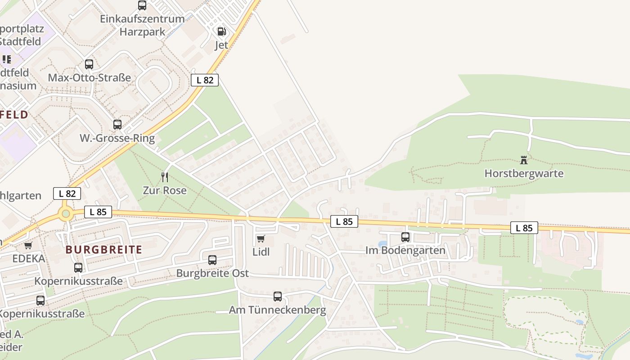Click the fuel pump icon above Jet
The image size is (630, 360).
(221, 31)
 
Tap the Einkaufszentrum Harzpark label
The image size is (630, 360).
(142, 25)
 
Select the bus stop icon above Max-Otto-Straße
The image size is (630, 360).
(89, 64)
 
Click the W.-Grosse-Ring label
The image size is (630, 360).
(117, 138)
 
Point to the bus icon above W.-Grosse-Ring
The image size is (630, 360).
(117, 125)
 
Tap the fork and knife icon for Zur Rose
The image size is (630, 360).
(165, 177)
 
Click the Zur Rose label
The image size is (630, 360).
(165, 190)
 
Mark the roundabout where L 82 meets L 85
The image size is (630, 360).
(66, 214)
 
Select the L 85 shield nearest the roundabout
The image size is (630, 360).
(98, 212)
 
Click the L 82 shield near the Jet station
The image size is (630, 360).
(205, 80)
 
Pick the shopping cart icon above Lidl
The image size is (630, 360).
(261, 238)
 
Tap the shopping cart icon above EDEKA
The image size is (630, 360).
(28, 245)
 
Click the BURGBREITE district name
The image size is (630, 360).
(103, 250)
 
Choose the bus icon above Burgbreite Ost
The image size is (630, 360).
(212, 260)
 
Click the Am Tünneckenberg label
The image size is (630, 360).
(277, 310)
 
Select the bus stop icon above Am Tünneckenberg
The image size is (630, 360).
(278, 297)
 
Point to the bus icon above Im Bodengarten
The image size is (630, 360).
(405, 237)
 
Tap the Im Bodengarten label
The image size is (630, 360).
(405, 250)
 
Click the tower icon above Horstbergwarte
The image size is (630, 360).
(524, 160)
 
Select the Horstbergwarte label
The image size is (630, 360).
(524, 173)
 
